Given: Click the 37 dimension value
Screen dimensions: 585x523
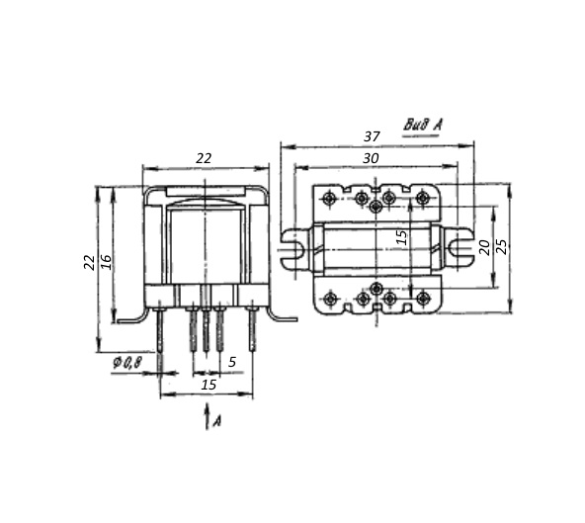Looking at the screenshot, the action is pos(372,136).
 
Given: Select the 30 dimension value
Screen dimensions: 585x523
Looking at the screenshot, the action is pos(371,158).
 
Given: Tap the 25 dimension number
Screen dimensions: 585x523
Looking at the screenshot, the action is pos(503,247).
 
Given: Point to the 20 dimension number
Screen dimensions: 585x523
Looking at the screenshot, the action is pos(484,247).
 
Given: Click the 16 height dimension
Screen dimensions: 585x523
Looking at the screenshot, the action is pos(106,262).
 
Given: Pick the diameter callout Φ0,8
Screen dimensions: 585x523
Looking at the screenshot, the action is pos(127,363).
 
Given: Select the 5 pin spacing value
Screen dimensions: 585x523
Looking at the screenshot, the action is pos(232,362).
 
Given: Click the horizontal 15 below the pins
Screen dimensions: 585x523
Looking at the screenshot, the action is pos(209,385).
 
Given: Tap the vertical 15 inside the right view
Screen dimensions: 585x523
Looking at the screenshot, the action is pos(401,237).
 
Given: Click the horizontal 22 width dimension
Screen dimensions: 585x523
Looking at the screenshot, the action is pos(204,158).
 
